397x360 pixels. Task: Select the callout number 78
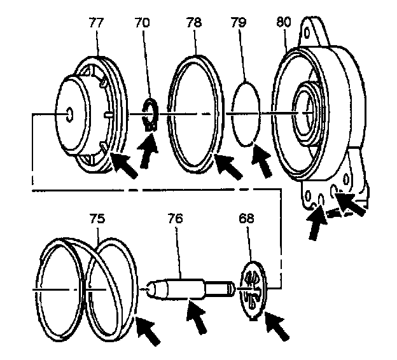195,22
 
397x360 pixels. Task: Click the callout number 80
284,22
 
